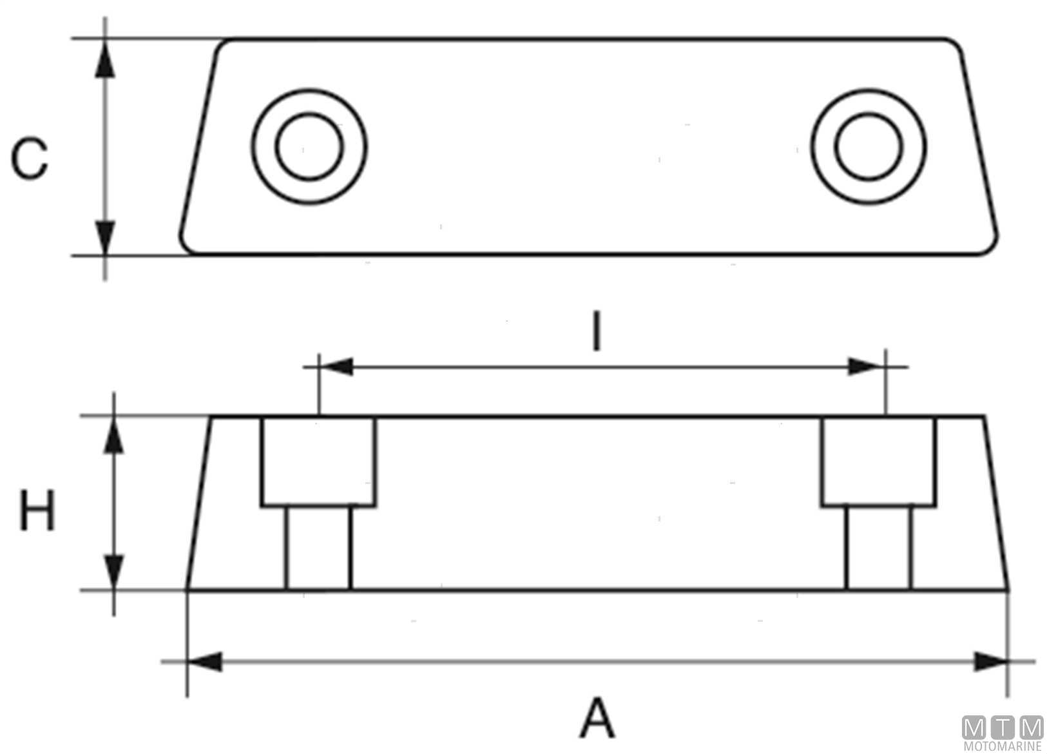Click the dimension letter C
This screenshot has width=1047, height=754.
coord(30,158)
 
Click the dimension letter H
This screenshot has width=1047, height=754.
coord(37,510)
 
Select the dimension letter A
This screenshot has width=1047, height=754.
coord(597,717)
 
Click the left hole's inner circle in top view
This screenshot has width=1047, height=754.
coord(309,146)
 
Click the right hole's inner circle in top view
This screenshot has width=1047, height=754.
coord(869,146)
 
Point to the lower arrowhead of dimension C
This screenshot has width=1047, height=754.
coord(105,235)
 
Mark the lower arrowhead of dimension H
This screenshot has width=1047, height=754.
coord(114,570)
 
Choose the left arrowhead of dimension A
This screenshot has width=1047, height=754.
coord(205,662)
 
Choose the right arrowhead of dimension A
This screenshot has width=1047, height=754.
coord(990,662)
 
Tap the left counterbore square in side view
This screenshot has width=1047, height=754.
coord(318,461)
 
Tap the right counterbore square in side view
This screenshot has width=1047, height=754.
coord(878,461)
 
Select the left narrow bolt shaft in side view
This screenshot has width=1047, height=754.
coord(318,548)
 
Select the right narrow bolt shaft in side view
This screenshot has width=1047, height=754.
coord(879,548)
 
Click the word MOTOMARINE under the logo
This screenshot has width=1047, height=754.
coord(1003,747)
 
